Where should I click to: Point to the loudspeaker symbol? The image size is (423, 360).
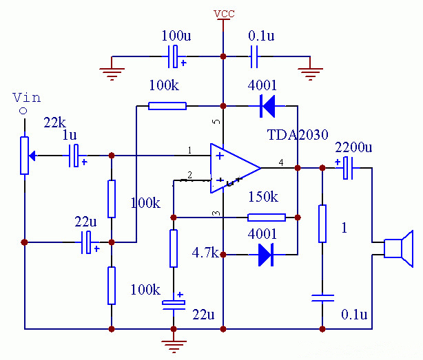point(398,249)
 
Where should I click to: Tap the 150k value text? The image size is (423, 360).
point(262,198)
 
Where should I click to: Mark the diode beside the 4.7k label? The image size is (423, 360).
point(267,255)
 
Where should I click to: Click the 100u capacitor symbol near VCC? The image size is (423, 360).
point(178,56)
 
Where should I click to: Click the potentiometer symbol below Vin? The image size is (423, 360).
point(25,156)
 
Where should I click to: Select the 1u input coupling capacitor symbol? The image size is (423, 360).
point(77,156)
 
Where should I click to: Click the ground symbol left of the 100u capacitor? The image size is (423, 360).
point(112,68)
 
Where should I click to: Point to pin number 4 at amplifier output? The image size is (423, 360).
point(280,162)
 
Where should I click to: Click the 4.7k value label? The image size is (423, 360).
point(204,253)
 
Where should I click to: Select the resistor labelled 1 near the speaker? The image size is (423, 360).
point(322,224)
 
